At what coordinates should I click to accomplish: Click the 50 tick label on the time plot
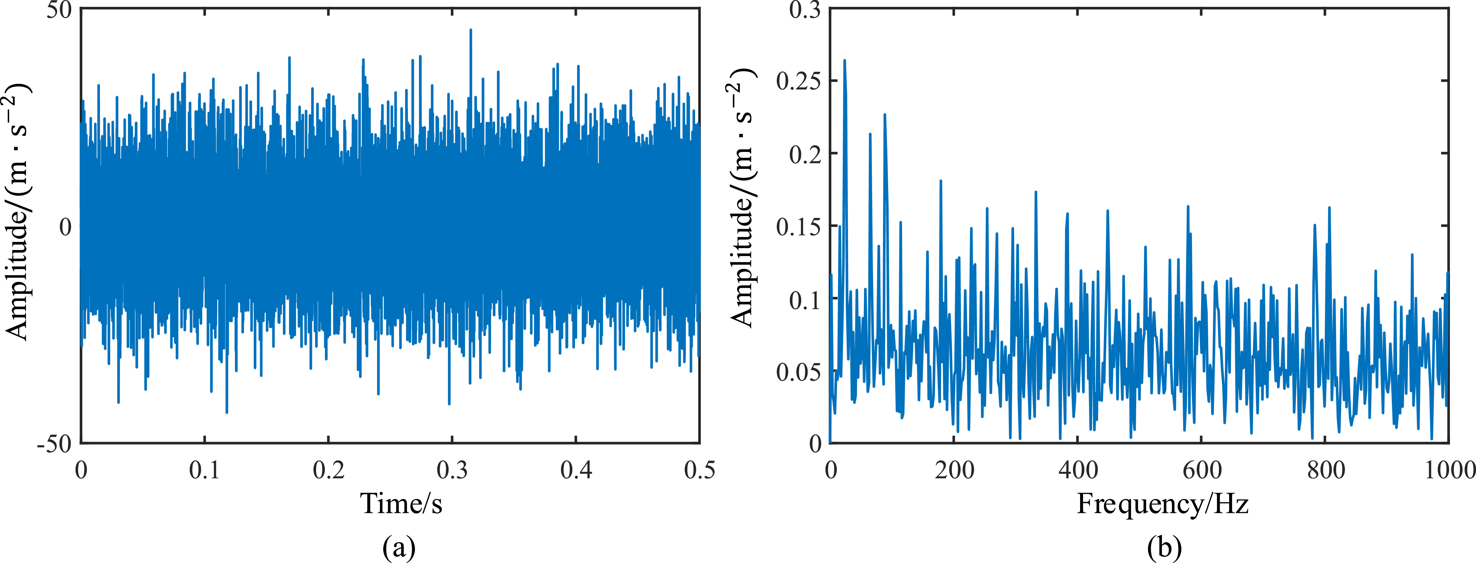click(59, 10)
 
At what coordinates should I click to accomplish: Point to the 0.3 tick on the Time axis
click(452, 470)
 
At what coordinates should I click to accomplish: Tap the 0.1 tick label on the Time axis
click(205, 470)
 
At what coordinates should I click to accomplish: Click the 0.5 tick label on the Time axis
click(700, 470)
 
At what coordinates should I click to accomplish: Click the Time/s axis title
click(401, 503)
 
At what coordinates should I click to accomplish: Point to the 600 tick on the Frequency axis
click(1202, 470)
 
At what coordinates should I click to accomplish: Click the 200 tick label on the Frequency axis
click(954, 470)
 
